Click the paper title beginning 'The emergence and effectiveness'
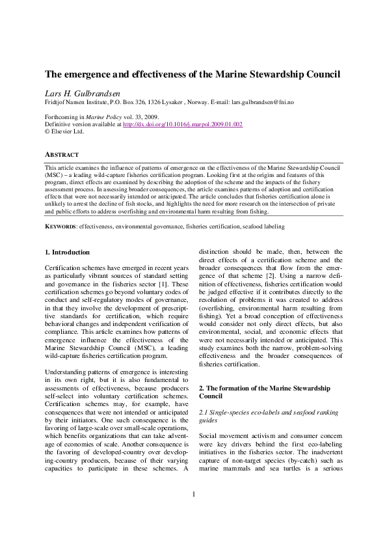[192, 74]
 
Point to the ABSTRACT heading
[61, 155]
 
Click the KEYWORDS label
[60, 226]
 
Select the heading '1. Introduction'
[67, 252]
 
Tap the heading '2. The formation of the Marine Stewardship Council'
[264, 392]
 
